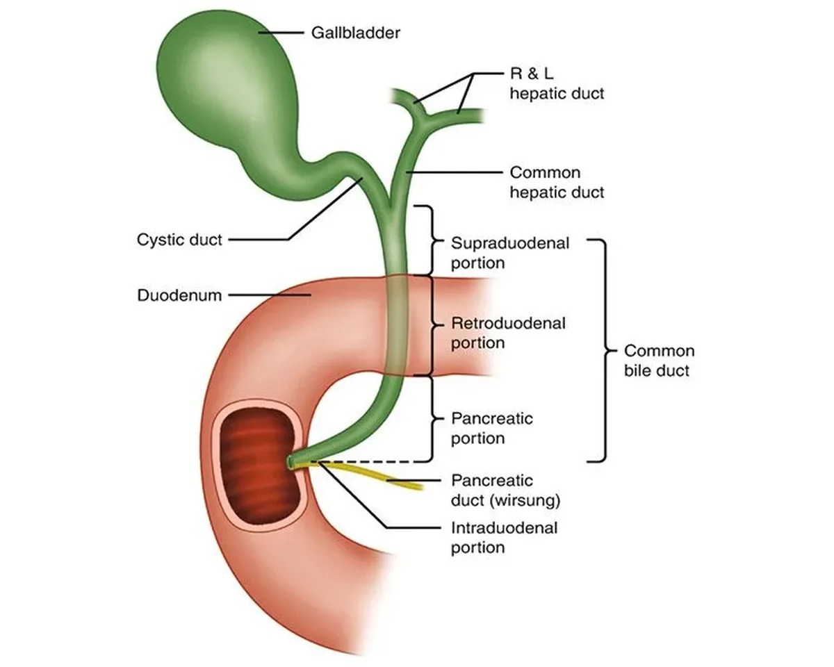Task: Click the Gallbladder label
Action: (x=355, y=33)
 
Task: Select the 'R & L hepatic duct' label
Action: (x=557, y=83)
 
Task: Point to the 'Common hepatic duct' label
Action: (x=557, y=182)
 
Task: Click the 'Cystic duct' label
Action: (x=179, y=240)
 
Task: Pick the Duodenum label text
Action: (x=179, y=295)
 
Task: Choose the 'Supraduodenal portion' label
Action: (x=510, y=253)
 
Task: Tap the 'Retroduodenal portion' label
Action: (x=508, y=333)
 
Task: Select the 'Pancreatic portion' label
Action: (x=492, y=428)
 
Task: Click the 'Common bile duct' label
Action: (x=660, y=361)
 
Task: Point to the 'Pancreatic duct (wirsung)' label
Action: (x=506, y=491)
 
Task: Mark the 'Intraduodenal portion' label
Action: (x=504, y=538)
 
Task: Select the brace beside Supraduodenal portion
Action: (x=432, y=240)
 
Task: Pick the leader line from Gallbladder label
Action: (x=281, y=33)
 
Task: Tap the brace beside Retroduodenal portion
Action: (x=432, y=326)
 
